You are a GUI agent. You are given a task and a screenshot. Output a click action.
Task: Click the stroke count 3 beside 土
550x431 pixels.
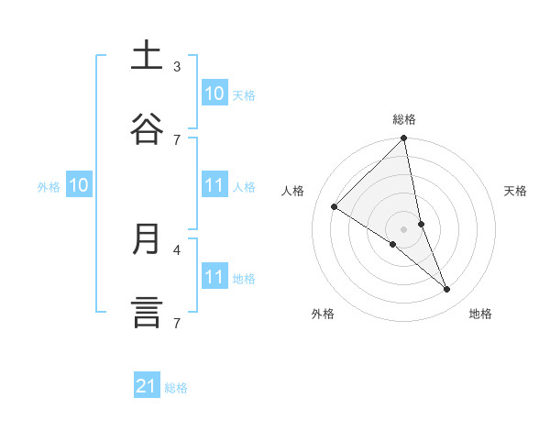(x=177, y=66)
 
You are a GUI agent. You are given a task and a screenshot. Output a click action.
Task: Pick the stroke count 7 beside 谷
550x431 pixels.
(x=177, y=139)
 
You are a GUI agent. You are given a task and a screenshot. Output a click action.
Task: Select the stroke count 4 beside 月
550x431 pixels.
(x=177, y=249)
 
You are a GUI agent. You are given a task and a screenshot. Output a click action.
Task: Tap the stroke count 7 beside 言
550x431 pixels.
(x=177, y=322)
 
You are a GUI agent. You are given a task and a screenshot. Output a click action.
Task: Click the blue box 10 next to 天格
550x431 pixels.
(x=214, y=94)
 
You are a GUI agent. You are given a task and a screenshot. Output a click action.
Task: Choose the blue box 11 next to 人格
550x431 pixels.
(x=214, y=185)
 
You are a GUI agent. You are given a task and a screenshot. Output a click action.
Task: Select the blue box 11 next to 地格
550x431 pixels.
(x=214, y=277)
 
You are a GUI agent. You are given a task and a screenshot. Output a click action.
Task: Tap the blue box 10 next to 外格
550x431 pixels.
(x=79, y=185)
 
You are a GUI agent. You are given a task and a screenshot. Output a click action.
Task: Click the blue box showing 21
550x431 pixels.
(x=147, y=387)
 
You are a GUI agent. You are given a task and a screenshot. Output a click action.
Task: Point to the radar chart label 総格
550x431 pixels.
(x=404, y=119)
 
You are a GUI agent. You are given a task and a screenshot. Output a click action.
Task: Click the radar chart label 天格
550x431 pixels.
(x=516, y=191)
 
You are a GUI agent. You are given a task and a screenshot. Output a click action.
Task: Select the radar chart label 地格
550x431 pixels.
(x=480, y=314)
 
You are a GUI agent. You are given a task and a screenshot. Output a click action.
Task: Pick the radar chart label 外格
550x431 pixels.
(x=323, y=314)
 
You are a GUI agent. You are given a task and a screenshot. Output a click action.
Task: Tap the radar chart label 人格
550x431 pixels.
(x=293, y=191)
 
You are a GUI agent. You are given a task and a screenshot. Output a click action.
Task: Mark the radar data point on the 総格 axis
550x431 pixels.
(x=404, y=138)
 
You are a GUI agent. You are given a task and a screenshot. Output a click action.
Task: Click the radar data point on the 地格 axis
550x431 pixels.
(x=447, y=289)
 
